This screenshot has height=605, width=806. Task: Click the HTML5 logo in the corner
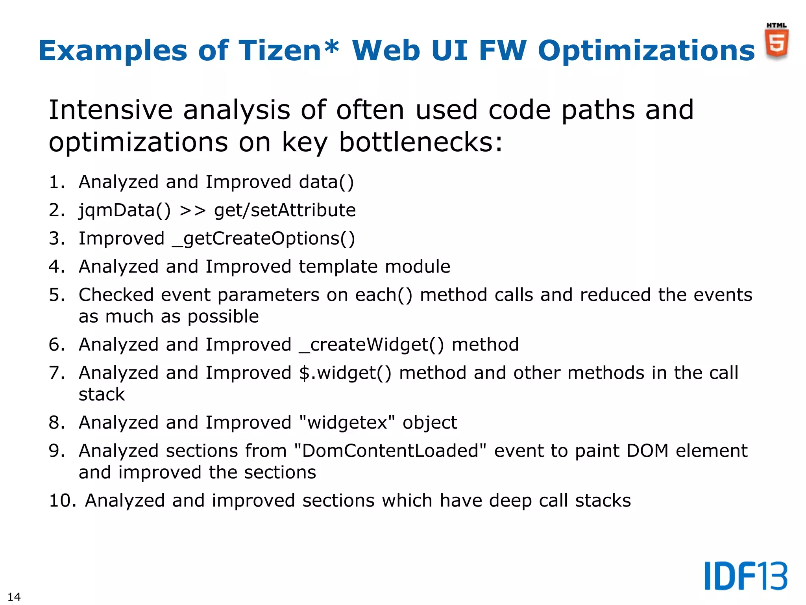click(776, 42)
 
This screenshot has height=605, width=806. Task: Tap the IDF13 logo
click(745, 576)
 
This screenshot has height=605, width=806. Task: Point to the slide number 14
click(14, 596)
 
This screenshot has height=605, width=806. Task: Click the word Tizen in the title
click(281, 50)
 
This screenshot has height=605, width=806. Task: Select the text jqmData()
click(125, 210)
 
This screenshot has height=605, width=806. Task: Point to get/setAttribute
click(285, 210)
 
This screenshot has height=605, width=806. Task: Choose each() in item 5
click(384, 295)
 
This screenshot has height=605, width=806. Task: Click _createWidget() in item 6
click(372, 345)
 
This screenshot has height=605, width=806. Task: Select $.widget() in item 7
click(345, 373)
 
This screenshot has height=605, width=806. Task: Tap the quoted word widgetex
click(347, 423)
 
